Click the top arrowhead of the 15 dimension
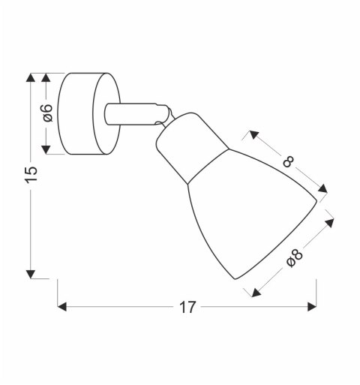pyautogui.click(x=31, y=78)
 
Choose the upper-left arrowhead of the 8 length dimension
pyautogui.click(x=253, y=134)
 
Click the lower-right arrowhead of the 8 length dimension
pyautogui.click(x=322, y=189)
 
